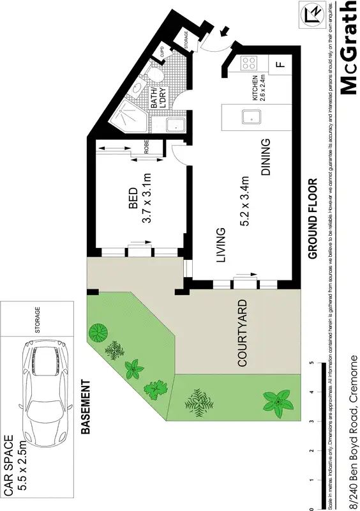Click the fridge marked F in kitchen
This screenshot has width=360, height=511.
pos(279,64)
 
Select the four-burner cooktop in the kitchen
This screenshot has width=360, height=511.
pos(249,64)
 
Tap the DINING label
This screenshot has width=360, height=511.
pos(266,157)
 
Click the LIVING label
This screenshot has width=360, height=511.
pos(221,245)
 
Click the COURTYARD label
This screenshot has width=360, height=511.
pos(242,333)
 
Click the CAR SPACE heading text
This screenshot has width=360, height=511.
pos(9,465)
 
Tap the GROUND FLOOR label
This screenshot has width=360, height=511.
pos(313,218)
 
